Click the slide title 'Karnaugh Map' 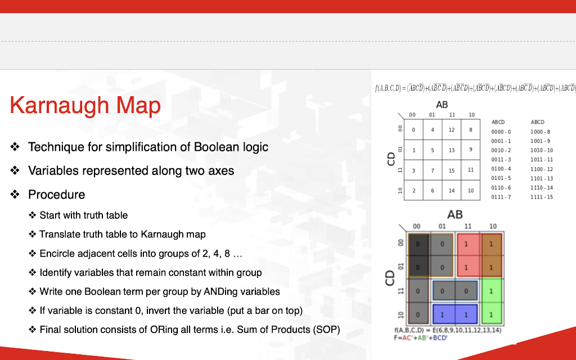[x=85, y=105]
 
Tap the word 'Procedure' [x=57, y=195]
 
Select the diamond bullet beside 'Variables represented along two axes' [x=15, y=170]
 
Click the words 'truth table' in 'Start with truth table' [x=106, y=215]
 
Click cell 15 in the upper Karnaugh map [x=452, y=170]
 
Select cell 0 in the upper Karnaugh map [x=413, y=130]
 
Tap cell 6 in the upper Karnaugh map [x=433, y=191]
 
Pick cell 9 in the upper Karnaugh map [x=471, y=150]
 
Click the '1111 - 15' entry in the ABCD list [x=542, y=197]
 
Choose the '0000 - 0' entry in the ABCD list [x=501, y=131]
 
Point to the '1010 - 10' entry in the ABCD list [x=542, y=150]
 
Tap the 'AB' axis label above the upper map [x=442, y=105]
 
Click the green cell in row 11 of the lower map [x=491, y=291]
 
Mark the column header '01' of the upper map [x=432, y=115]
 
